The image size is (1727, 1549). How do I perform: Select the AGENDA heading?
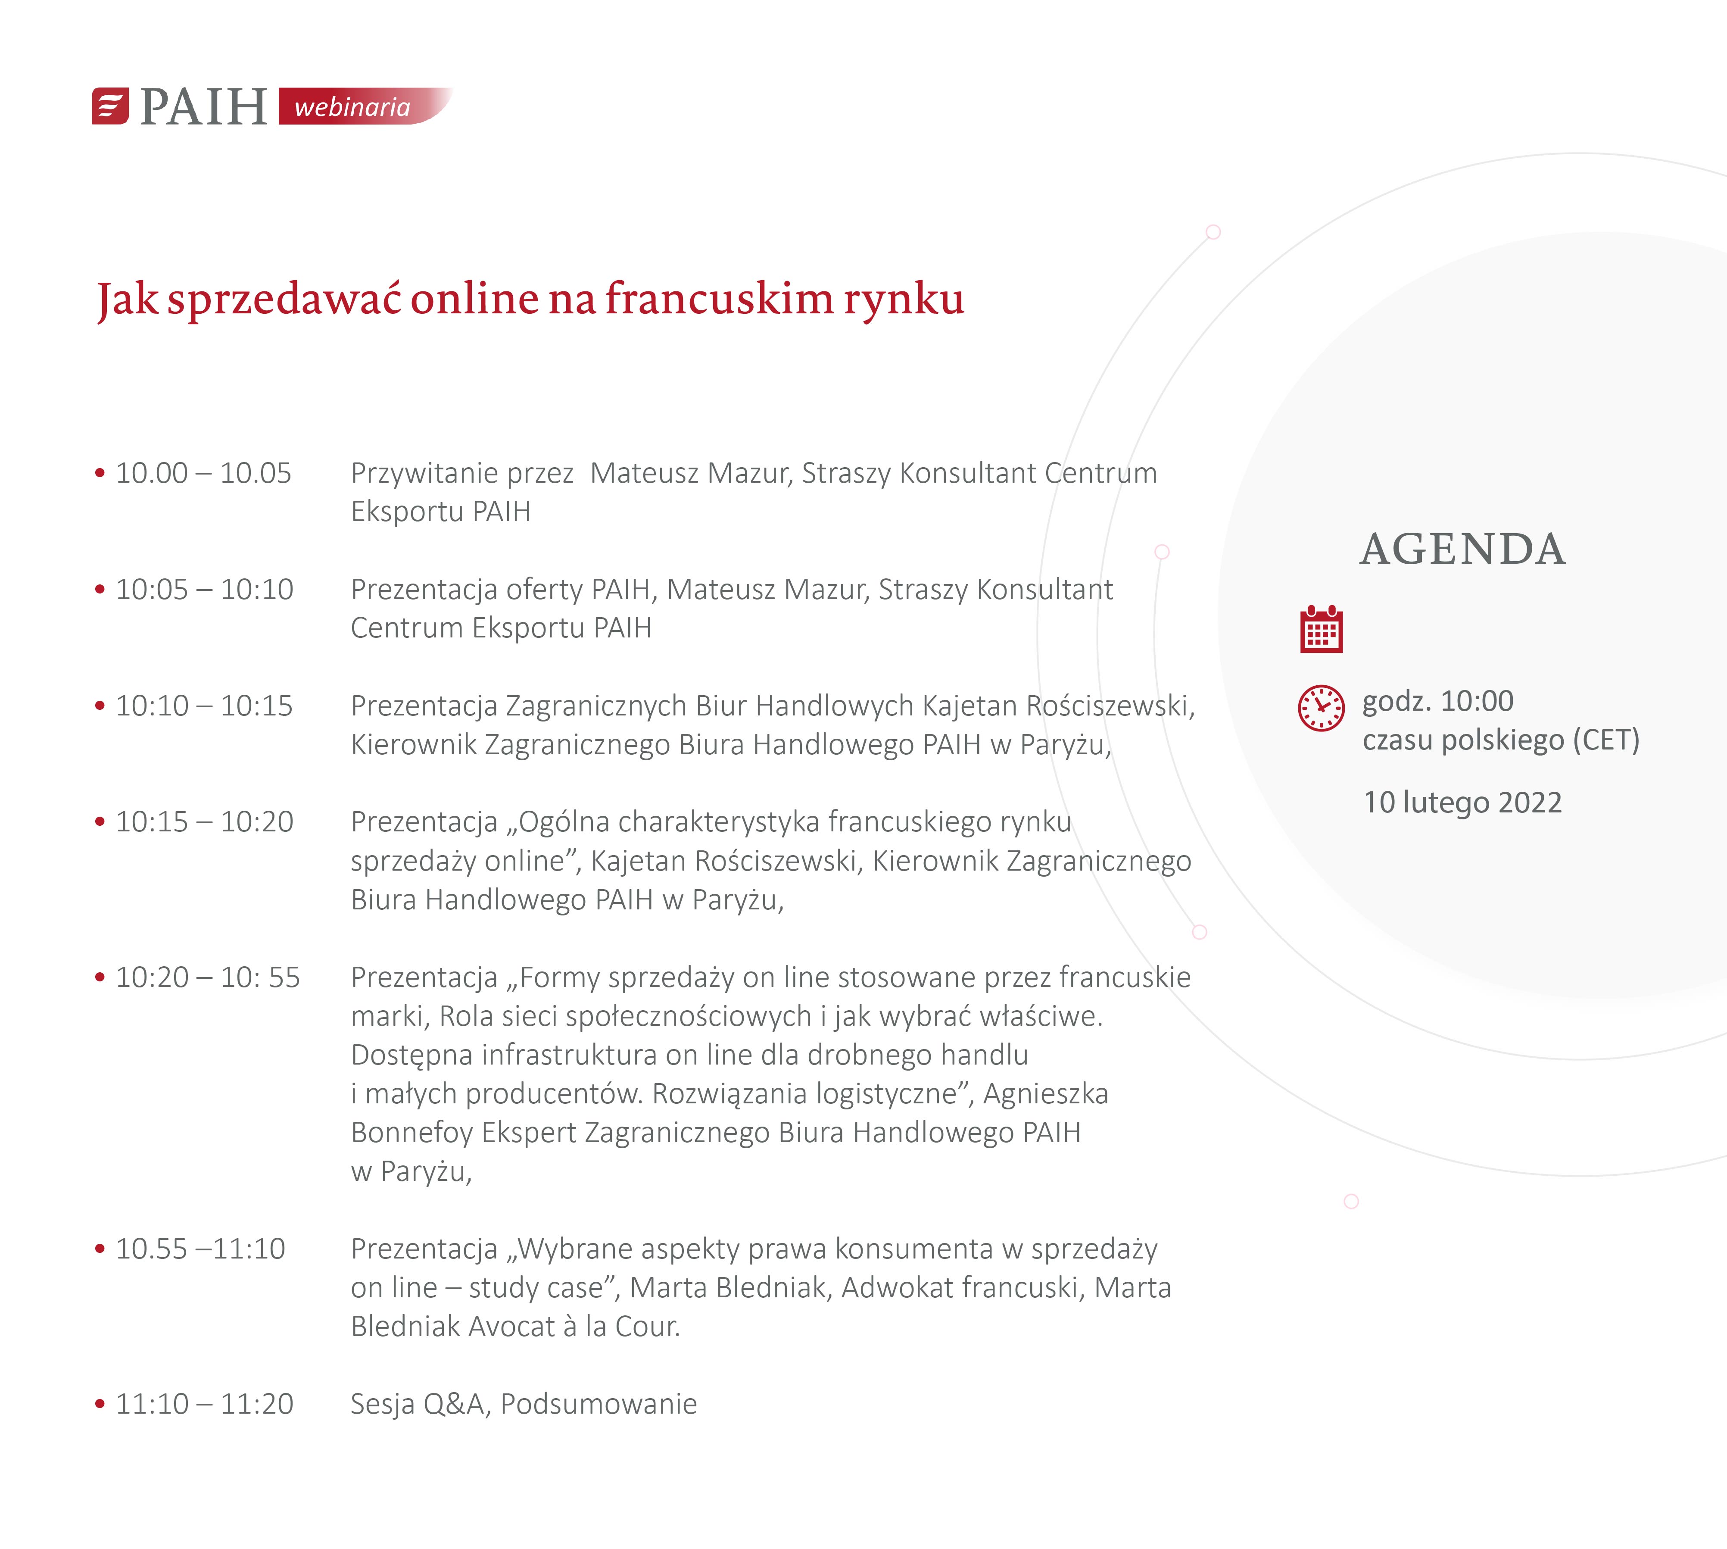coord(1462,549)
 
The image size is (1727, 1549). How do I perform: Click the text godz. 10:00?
coord(1438,701)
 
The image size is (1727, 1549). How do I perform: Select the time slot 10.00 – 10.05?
coord(203,473)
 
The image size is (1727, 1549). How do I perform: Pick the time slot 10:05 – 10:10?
coord(204,590)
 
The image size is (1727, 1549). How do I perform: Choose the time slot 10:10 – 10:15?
coord(204,706)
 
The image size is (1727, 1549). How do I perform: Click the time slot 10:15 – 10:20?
coord(204,822)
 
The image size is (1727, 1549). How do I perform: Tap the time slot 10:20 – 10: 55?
coord(208,977)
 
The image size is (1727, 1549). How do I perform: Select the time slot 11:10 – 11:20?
coord(204,1403)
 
